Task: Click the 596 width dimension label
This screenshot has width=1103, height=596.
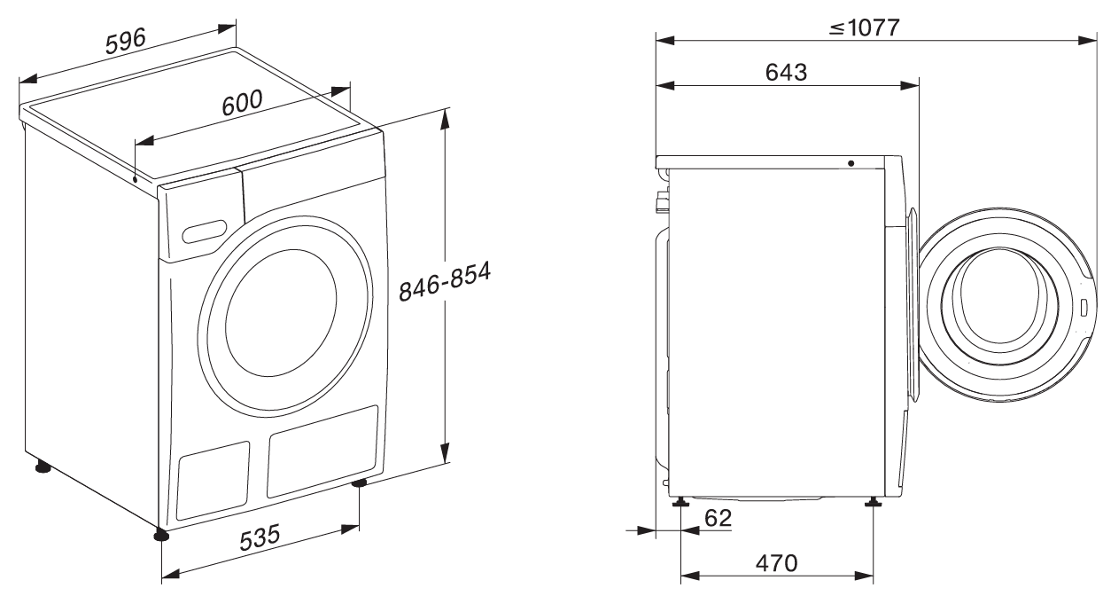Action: [126, 41]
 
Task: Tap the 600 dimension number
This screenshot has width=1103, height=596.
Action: [242, 103]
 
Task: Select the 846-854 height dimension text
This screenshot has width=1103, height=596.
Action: [444, 281]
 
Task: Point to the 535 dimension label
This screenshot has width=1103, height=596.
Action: [260, 537]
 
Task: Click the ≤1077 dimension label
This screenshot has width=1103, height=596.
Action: [864, 27]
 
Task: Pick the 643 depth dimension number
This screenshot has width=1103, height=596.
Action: [787, 73]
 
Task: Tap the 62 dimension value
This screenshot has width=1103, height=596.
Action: [718, 518]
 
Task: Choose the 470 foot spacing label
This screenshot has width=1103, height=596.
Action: [777, 563]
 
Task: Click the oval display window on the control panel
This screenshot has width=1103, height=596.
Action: [205, 231]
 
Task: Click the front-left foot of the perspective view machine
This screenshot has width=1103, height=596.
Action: [160, 535]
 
